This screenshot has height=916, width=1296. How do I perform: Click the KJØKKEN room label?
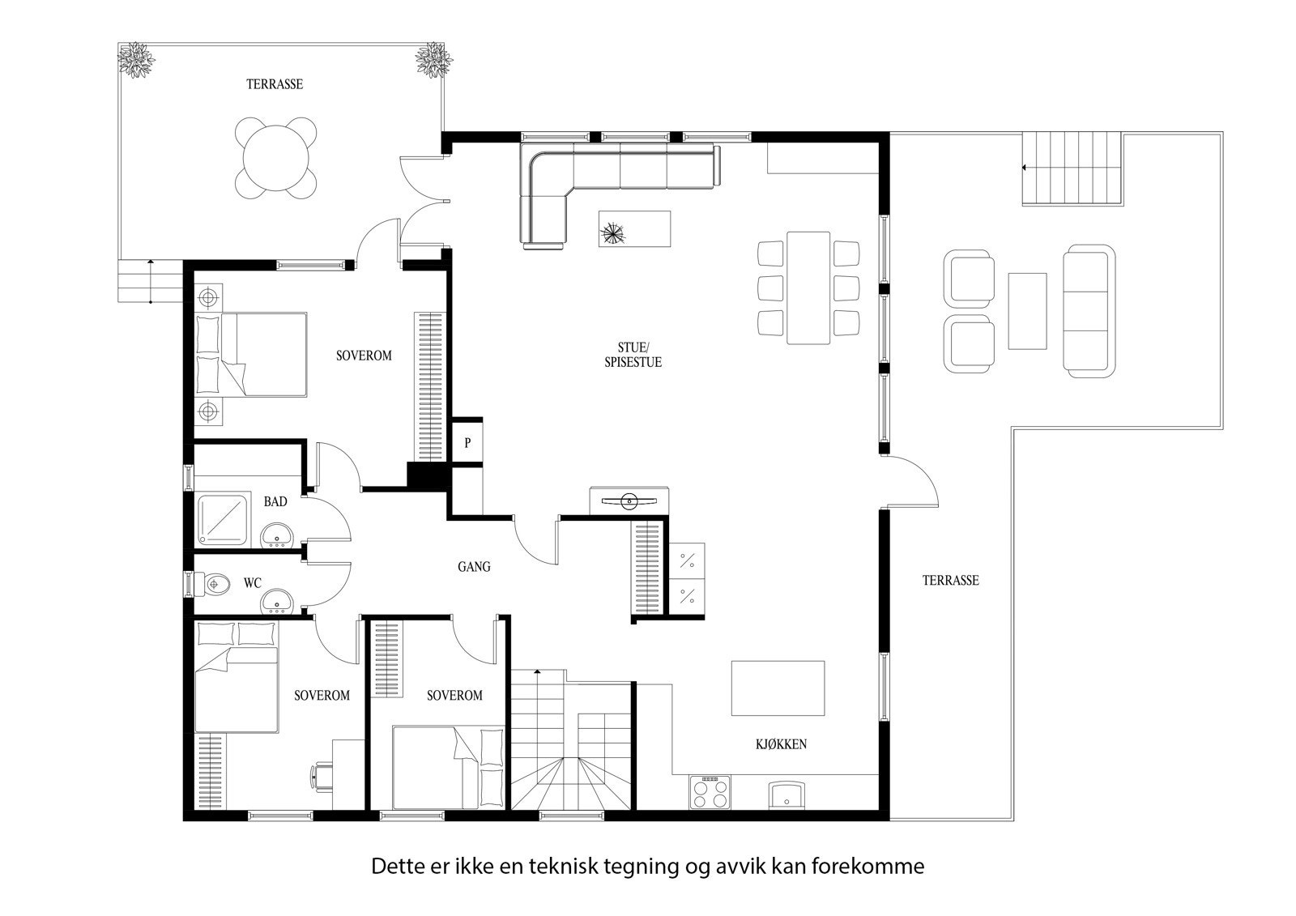coord(782,744)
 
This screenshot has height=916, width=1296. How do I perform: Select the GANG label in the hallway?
coord(474,567)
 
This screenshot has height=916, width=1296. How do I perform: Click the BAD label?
coord(275,501)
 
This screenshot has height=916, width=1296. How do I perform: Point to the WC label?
coord(253,582)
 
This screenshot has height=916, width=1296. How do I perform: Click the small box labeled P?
coord(467,443)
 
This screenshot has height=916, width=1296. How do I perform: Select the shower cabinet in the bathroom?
coord(224,518)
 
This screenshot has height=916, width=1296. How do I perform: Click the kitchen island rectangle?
coord(778,688)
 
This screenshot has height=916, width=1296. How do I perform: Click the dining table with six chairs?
coord(808,287)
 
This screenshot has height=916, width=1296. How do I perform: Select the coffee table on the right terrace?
coord(1027,310)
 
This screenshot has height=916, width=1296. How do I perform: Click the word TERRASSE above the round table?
coord(275,84)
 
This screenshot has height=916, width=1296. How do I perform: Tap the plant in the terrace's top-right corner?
coord(433,61)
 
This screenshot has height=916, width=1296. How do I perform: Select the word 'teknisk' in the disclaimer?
coord(566,866)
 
